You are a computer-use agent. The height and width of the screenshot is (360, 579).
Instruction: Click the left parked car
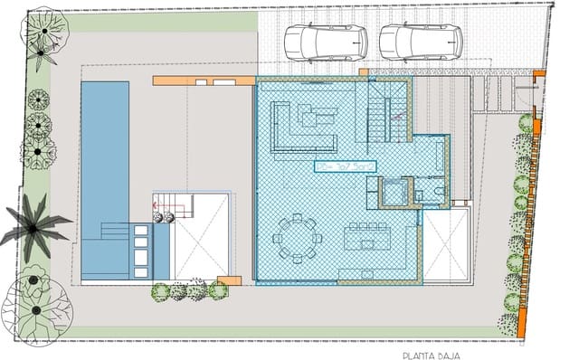(x=326, y=42)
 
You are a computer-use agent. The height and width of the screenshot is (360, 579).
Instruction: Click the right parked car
(x=420, y=42)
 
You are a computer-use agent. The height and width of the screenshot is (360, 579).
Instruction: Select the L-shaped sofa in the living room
(x=299, y=134)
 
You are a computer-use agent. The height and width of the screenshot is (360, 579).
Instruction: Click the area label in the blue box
(x=344, y=166)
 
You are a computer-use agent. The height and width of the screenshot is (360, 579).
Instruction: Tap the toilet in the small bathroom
(x=439, y=193)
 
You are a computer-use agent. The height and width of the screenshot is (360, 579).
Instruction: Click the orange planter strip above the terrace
(x=204, y=81)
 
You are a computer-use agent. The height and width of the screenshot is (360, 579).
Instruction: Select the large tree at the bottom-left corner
(x=36, y=303)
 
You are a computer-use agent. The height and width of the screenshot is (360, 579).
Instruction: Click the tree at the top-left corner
(x=41, y=36)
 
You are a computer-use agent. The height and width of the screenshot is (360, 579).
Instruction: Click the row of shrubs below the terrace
(x=188, y=290)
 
